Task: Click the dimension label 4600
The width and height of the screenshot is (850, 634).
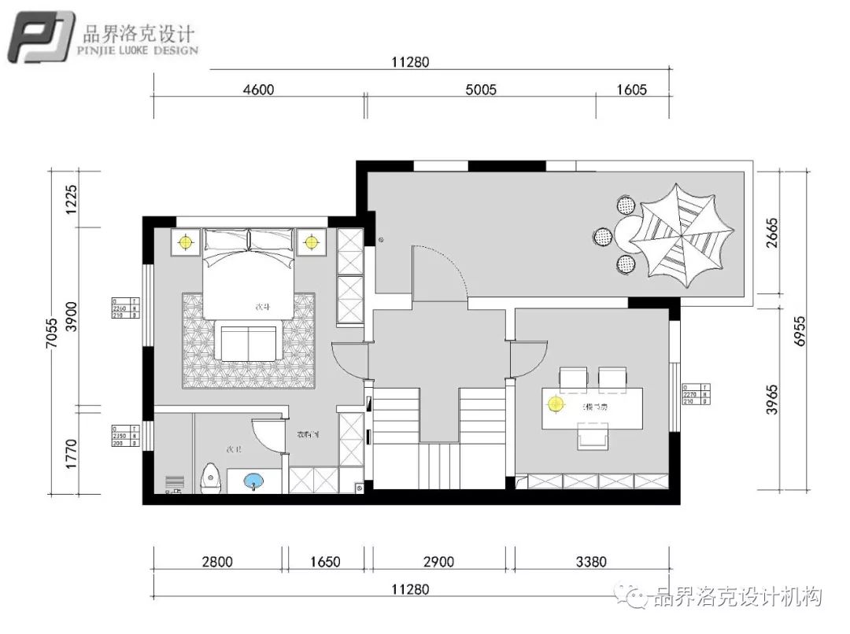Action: [x=258, y=90]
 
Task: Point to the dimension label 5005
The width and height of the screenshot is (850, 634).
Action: [x=481, y=90]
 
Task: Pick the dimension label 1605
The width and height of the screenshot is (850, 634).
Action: [x=631, y=90]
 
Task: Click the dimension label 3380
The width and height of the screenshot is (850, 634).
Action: [x=591, y=562]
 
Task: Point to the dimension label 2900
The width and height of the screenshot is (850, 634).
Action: [x=438, y=562]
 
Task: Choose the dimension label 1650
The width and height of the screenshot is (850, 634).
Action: [x=325, y=562]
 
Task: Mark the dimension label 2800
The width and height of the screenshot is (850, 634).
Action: [x=217, y=562]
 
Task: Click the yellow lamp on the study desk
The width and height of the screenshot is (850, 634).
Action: [x=556, y=404]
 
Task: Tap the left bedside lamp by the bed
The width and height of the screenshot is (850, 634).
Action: [x=187, y=241]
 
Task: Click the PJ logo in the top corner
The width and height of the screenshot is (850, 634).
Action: [x=41, y=37]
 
